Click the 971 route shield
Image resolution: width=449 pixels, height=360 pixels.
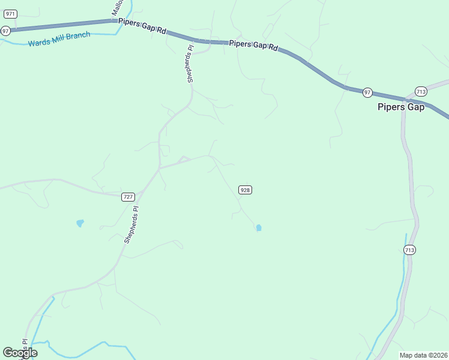click(10, 14)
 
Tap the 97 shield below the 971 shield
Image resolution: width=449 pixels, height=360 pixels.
click(6, 31)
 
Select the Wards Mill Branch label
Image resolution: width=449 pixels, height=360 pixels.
click(59, 40)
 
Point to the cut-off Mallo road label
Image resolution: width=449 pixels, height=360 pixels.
click(117, 7)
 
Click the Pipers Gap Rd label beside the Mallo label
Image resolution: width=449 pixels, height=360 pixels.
click(143, 25)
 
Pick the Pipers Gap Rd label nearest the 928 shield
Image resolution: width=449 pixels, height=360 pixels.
click(254, 45)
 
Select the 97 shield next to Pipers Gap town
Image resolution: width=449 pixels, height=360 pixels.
click(367, 92)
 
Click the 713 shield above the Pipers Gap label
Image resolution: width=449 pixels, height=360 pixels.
click(420, 92)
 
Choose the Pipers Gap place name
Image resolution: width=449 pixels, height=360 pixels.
click(401, 107)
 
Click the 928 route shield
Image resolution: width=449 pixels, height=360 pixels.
click(245, 190)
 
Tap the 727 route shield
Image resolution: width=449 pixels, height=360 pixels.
click(128, 197)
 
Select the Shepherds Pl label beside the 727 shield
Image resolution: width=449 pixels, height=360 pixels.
click(131, 224)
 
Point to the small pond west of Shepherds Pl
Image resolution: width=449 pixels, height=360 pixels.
click(80, 223)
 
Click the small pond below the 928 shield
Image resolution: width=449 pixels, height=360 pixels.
click(259, 228)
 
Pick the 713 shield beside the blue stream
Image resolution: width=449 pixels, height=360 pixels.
click(409, 250)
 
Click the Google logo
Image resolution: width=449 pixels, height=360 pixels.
click(20, 353)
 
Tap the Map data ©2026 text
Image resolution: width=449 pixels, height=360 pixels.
click(423, 355)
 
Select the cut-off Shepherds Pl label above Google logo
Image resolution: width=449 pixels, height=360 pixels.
click(26, 346)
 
